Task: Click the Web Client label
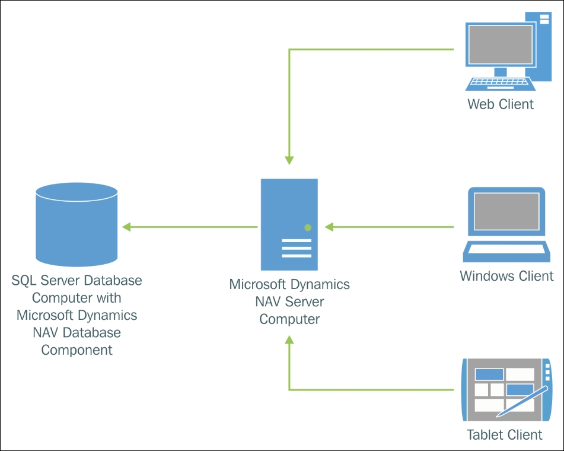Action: coord(501,104)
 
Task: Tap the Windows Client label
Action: coord(506,276)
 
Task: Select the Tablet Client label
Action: coord(504,434)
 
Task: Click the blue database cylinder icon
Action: coord(77,224)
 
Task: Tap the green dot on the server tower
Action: coord(308,227)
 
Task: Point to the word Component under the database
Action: coord(77,350)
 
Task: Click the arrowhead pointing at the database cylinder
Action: coord(126,227)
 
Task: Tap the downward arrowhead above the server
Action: coord(289,160)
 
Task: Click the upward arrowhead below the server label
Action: coord(289,340)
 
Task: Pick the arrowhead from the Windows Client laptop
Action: coord(329,227)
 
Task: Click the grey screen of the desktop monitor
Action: coord(501,45)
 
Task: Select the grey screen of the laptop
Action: coord(506,211)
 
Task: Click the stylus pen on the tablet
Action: coord(522,402)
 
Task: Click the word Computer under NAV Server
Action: coord(289,319)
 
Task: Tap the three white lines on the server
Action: coord(297,248)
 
